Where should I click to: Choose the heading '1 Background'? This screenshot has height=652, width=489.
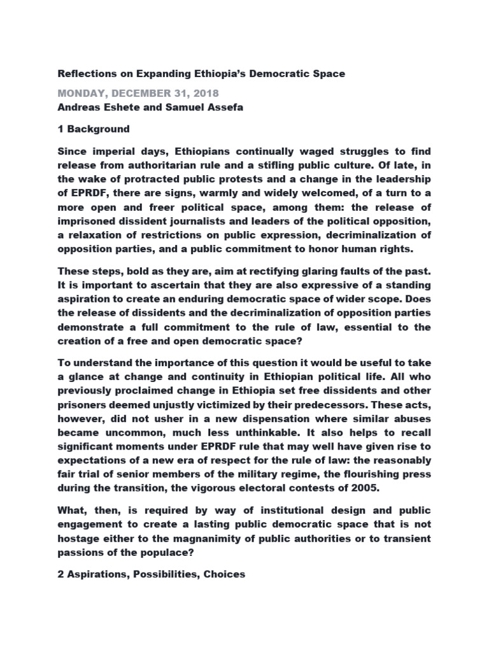pyautogui.click(x=94, y=129)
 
